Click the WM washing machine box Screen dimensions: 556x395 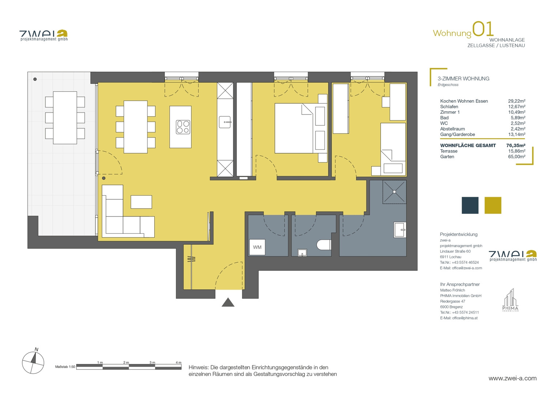click(257, 247)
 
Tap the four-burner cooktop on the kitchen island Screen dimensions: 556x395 click(183, 127)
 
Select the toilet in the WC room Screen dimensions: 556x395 click(324, 245)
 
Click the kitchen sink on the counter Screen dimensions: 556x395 click(225, 122)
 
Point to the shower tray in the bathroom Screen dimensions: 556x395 click(394, 192)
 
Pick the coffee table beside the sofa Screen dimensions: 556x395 click(141, 202)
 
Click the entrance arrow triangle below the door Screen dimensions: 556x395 click(228, 302)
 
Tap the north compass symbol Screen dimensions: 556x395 click(33, 362)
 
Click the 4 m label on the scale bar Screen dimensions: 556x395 click(178, 362)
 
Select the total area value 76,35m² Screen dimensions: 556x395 click(516, 146)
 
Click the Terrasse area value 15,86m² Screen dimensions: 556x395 click(517, 151)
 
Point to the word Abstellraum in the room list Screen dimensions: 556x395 click(453, 129)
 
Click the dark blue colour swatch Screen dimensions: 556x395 click(470, 205)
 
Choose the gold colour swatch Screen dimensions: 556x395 click(493, 205)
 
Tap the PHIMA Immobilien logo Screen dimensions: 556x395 click(510, 300)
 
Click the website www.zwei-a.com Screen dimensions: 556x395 click(512, 379)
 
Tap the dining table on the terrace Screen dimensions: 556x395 click(65, 118)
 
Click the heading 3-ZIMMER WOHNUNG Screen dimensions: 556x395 click(464, 79)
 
